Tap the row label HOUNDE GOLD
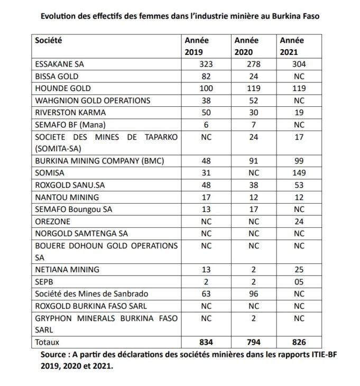[x=62, y=88]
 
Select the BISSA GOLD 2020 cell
[x=253, y=76]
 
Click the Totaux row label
[x=48, y=342]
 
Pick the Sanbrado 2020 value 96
[x=253, y=293]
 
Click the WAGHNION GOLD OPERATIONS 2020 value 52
[x=253, y=100]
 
